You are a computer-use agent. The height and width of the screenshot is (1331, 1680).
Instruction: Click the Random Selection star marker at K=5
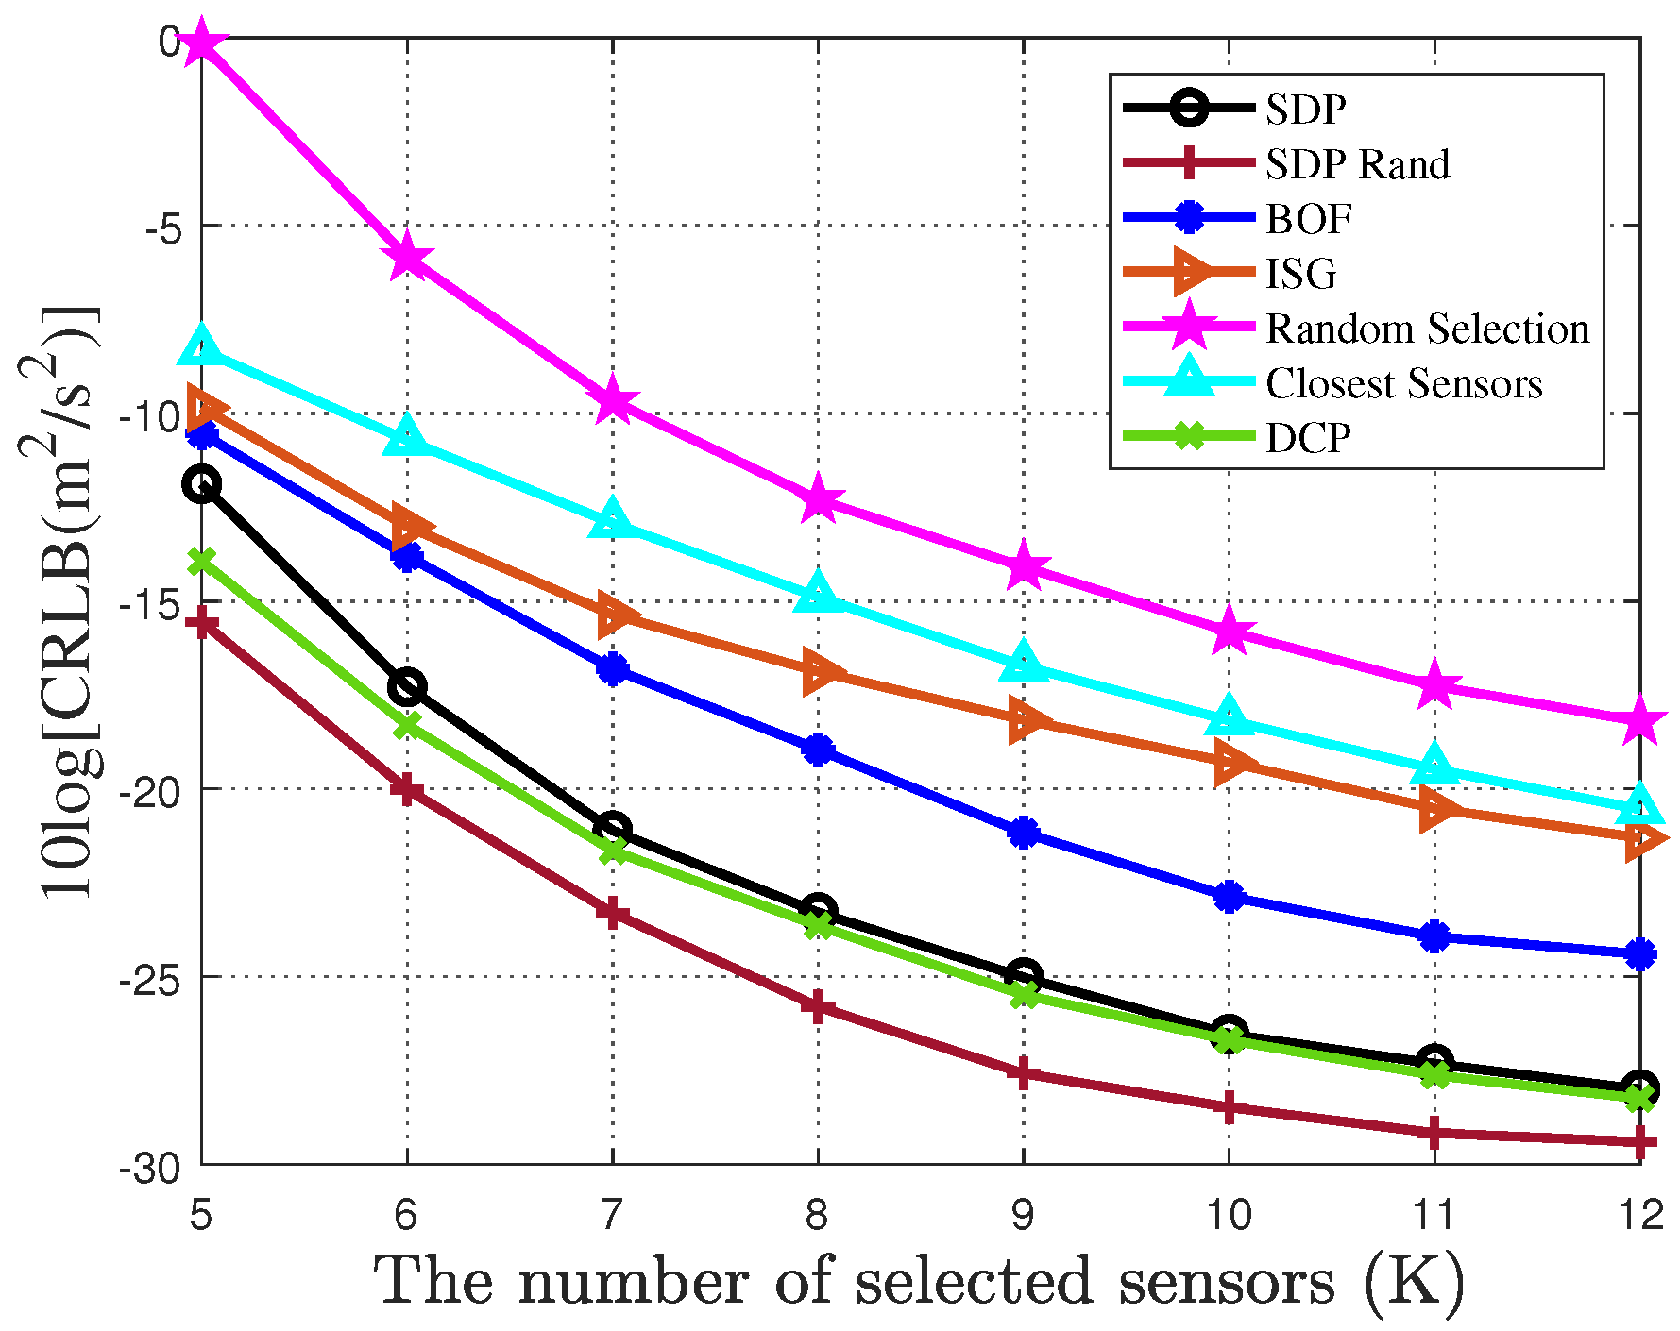(x=202, y=42)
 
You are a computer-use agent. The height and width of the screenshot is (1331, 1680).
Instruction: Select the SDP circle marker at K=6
(x=407, y=686)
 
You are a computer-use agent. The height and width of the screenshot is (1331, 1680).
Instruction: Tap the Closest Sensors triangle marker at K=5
(x=202, y=346)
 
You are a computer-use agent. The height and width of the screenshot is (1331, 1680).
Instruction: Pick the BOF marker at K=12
(x=1639, y=954)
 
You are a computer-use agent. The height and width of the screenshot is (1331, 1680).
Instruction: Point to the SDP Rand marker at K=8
(x=818, y=1006)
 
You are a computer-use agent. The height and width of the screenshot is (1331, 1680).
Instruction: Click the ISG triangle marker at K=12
(x=1641, y=838)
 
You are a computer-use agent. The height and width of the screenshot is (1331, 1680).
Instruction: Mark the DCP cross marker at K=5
(x=202, y=561)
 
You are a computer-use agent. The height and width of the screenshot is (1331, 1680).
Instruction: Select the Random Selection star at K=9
(x=1024, y=566)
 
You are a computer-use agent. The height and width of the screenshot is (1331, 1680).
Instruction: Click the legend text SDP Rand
(x=1357, y=164)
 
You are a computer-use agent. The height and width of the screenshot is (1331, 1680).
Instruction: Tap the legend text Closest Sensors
(x=1403, y=383)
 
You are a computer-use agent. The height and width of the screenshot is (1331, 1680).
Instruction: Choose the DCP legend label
(x=1308, y=438)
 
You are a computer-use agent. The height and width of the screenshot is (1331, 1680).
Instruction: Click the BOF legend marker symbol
(x=1190, y=218)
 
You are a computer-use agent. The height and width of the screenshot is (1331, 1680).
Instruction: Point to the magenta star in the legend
(x=1190, y=328)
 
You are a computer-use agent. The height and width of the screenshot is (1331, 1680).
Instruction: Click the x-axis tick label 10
(x=1229, y=1215)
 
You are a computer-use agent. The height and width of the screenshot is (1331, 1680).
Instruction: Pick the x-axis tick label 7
(x=612, y=1215)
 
